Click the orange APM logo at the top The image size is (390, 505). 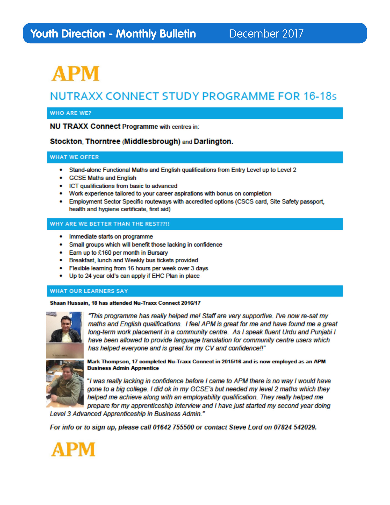75,74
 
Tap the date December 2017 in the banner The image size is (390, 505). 266,34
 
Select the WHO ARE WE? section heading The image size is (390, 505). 70,113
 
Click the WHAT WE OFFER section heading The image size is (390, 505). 74,157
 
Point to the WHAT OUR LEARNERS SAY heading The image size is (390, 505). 89,291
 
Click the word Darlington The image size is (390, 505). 213,142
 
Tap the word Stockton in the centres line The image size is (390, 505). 66,142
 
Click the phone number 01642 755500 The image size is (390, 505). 173,427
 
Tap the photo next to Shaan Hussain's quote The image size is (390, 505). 65,335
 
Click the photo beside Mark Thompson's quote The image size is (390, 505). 65,383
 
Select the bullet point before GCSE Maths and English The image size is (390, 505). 61,178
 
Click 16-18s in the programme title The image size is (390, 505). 320,96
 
